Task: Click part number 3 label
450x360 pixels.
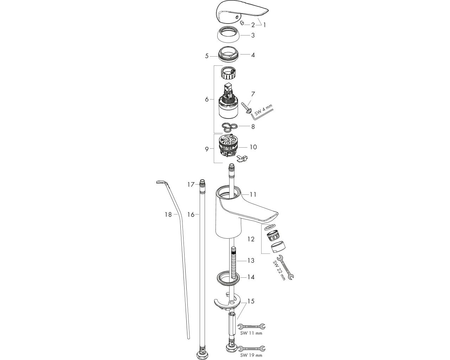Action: (253, 36)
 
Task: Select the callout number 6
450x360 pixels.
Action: (207, 99)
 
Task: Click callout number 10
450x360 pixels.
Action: (253, 147)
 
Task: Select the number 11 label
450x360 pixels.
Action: (253, 194)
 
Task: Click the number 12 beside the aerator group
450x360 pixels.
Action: (251, 239)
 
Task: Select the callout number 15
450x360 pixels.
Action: (251, 301)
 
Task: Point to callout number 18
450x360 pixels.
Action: (168, 214)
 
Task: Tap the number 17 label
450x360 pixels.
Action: (191, 185)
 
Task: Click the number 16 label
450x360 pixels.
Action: (191, 214)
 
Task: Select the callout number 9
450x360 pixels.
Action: (207, 149)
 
